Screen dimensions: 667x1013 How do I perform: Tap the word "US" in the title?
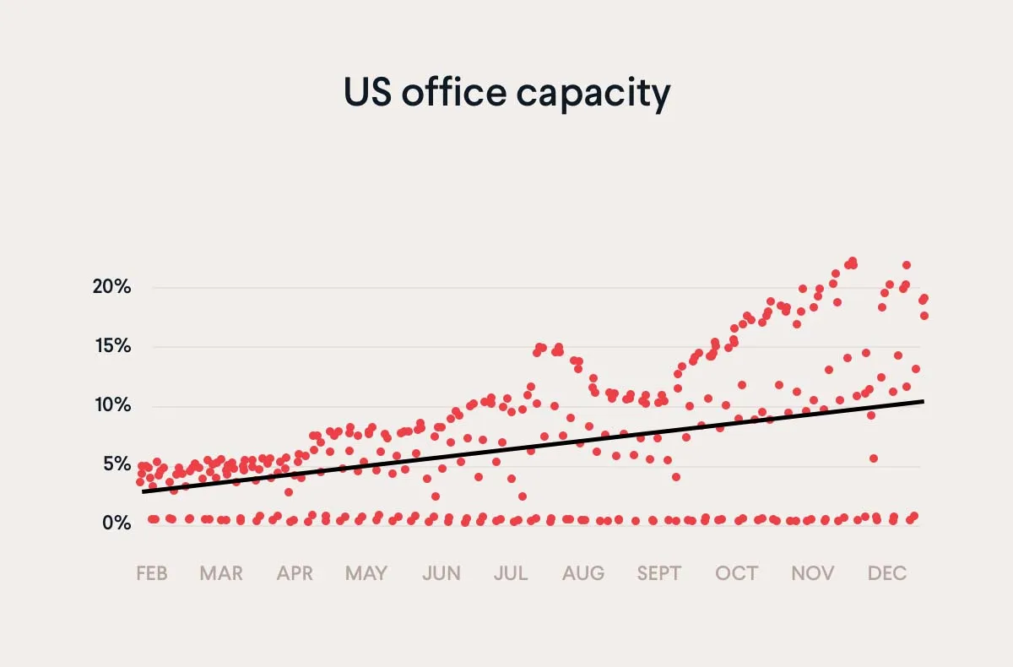tap(367, 93)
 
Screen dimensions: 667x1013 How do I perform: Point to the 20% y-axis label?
tap(111, 287)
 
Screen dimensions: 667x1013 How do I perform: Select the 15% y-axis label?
tap(111, 346)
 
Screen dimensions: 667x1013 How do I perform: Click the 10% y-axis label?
tap(111, 405)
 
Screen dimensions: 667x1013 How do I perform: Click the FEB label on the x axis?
tap(152, 574)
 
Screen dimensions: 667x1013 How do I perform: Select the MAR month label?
tap(221, 574)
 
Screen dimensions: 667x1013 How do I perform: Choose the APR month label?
tap(295, 574)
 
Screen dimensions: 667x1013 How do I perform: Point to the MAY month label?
tap(366, 574)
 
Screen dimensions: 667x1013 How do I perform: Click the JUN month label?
tap(441, 574)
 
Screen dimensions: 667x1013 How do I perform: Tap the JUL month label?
tap(511, 574)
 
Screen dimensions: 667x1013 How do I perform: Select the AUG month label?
tap(584, 574)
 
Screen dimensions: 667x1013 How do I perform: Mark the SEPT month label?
tap(658, 574)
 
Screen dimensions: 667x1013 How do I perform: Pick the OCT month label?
tap(737, 574)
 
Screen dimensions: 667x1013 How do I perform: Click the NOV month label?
tap(813, 574)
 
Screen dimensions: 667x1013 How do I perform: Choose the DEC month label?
tap(887, 574)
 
